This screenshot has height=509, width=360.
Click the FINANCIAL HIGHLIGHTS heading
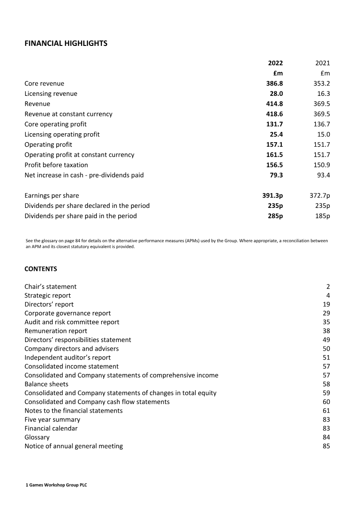click(x=66, y=44)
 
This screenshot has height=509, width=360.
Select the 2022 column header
click(x=275, y=63)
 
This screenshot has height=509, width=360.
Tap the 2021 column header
click(x=322, y=63)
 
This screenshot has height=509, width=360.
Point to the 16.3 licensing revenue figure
click(x=324, y=94)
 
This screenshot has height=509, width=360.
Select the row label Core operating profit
click(x=55, y=124)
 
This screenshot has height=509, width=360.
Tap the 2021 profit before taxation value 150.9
click(x=322, y=165)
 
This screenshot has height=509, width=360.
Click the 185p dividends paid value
click(x=322, y=216)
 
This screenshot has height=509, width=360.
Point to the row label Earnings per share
click(x=51, y=196)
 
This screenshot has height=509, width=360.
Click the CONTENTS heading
click(x=40, y=269)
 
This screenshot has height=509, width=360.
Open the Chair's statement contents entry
click(x=50, y=287)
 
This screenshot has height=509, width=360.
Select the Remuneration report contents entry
click(x=56, y=331)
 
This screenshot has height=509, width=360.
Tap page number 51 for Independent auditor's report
click(x=326, y=357)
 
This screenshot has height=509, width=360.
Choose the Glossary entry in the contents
click(x=37, y=437)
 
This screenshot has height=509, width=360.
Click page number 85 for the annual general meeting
click(x=326, y=446)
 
